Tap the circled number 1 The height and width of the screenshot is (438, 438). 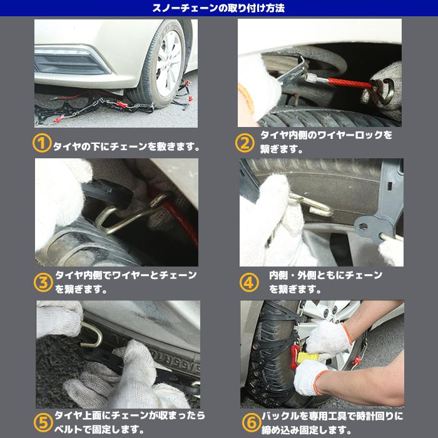41,144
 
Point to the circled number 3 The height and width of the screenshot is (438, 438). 43,282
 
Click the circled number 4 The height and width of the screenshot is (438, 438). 248,282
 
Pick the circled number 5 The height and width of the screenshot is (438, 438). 42,421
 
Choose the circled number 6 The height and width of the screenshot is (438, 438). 248,421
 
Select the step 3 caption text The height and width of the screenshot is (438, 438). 125,282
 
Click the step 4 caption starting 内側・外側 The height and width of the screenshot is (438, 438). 325,282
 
